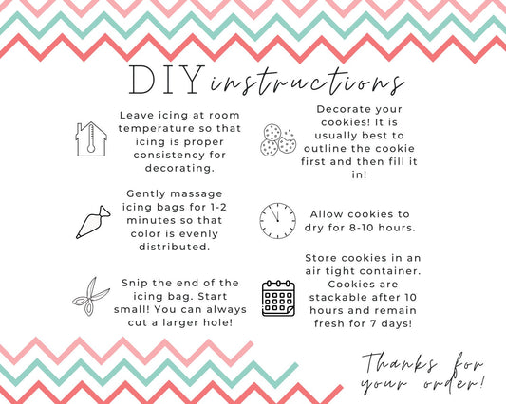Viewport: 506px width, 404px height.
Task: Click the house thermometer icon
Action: tap(91, 139)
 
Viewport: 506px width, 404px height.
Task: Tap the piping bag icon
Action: tap(93, 222)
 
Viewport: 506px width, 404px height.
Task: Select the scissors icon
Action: tap(91, 296)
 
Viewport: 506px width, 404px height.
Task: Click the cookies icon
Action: tap(278, 139)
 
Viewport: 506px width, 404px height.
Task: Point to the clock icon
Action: tap(278, 221)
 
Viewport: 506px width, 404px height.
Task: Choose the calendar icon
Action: tap(278, 298)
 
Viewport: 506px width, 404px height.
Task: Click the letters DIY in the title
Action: tap(167, 80)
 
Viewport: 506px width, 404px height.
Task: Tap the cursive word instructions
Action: tap(308, 83)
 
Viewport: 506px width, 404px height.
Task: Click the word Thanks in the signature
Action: tap(400, 362)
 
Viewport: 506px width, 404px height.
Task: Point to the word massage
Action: tap(198, 194)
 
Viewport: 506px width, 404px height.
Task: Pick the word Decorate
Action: tap(342, 109)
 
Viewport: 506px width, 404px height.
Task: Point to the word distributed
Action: tap(175, 247)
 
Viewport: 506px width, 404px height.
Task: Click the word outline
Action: tap(326, 149)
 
